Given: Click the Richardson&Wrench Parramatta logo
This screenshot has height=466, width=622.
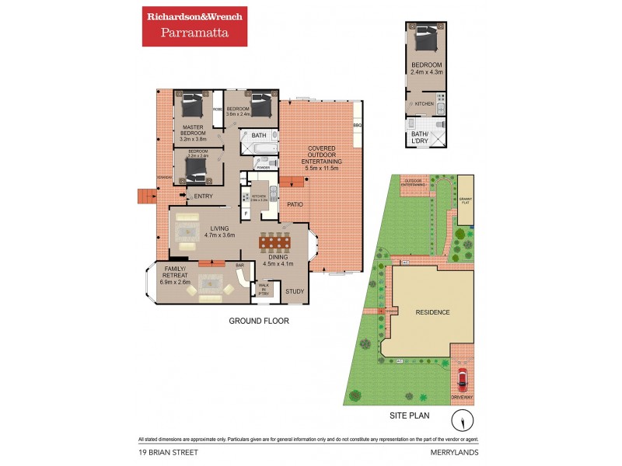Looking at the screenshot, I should click(x=194, y=26).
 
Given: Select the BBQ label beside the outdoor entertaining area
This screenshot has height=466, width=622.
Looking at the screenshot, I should click(x=358, y=125).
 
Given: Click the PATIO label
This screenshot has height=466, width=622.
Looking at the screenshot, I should click(x=294, y=205).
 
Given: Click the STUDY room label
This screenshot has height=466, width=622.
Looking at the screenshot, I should click(x=295, y=292).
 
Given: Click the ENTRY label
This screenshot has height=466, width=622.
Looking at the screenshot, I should click(x=204, y=196).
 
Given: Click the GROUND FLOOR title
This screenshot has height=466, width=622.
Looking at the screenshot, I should click(x=259, y=320).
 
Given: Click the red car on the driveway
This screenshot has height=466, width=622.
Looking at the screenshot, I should click(x=462, y=378).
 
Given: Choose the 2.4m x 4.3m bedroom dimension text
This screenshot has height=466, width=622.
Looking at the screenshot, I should click(x=427, y=72).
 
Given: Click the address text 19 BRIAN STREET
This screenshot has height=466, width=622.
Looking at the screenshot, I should click(x=166, y=450).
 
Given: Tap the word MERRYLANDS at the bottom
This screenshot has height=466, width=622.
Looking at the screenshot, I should click(x=456, y=450).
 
